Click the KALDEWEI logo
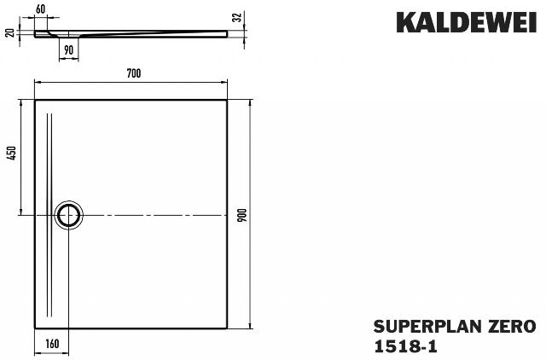pos(467,23)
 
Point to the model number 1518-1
pos(405,346)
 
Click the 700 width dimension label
pos(134,73)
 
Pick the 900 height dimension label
pos(242,215)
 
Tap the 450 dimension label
pos(12,154)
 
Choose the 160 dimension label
pos(52,344)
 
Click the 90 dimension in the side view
pos(69,50)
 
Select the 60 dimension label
pos(40,9)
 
